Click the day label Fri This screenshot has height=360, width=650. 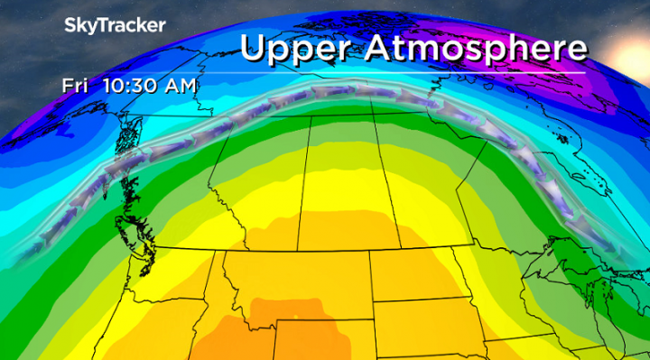click(x=74, y=87)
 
